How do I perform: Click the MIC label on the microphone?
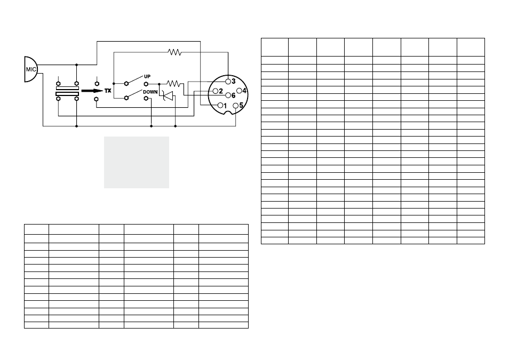point(31,69)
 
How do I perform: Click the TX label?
point(108,91)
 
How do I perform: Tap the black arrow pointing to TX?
point(92,91)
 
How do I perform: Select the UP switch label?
point(147,77)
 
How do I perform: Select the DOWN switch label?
point(150,92)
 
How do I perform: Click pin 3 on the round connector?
point(228,82)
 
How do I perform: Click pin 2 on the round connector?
point(215,91)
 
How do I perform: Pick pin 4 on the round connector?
point(239,91)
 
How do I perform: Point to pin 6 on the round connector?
point(228,95)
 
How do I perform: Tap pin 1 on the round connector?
point(220,105)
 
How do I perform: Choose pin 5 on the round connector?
point(236,106)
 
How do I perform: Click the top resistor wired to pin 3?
point(174,52)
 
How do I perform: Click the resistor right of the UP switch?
point(174,84)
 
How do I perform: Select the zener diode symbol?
point(168,96)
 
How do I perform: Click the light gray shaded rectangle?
point(137,162)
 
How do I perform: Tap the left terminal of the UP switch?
point(126,84)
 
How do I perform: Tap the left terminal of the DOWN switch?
point(126,98)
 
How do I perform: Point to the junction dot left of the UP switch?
point(114,84)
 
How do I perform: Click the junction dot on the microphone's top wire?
point(77,65)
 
